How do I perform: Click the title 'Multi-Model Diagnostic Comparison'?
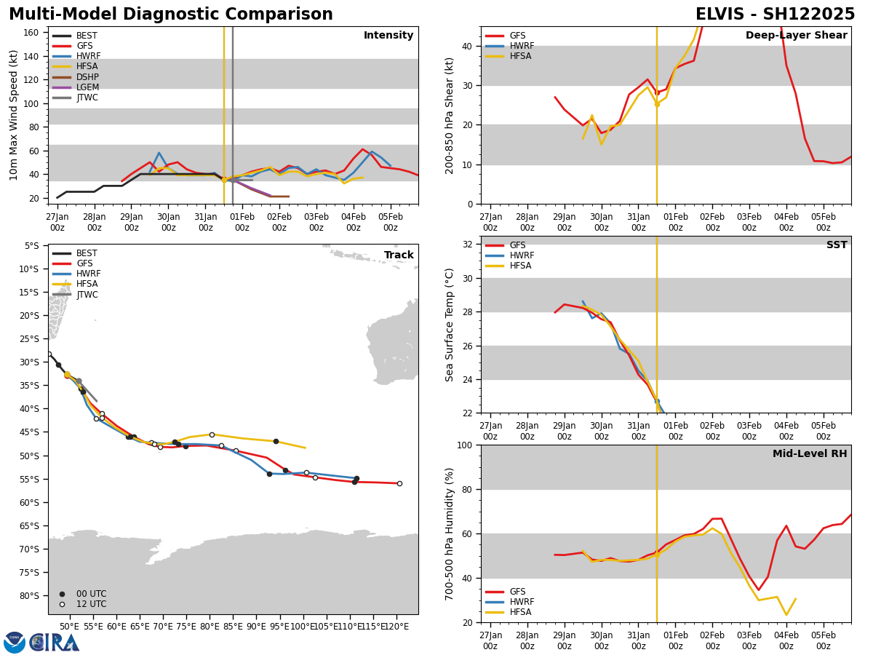[x=171, y=15]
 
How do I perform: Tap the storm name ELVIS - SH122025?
[x=775, y=15]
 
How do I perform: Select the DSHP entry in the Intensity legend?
[x=87, y=77]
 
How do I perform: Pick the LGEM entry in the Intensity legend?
[x=87, y=87]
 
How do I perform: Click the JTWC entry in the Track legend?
[x=87, y=295]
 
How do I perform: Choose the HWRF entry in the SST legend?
[x=522, y=255]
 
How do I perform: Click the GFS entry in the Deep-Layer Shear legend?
[x=518, y=36]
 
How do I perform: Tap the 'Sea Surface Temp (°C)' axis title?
[x=450, y=325]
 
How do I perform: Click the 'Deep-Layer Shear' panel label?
[x=796, y=36]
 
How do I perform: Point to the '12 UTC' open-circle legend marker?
[x=62, y=604]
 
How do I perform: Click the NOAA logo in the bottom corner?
[x=15, y=642]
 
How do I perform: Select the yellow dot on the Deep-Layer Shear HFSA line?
[x=657, y=104]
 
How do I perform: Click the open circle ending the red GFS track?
[x=399, y=483]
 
